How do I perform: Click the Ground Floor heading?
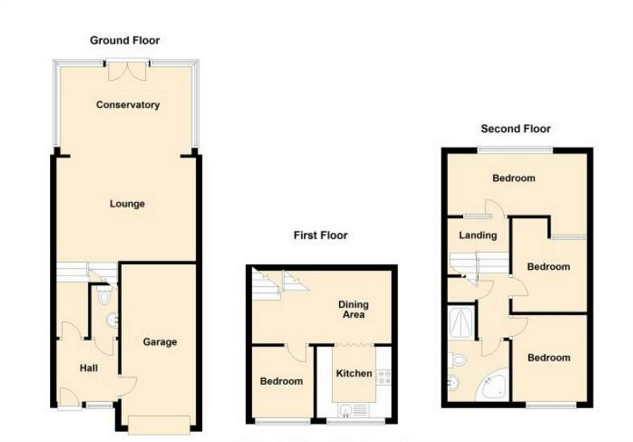pyautogui.click(x=125, y=40)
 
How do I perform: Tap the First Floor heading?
pyautogui.click(x=320, y=235)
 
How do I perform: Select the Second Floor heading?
pyautogui.click(x=515, y=129)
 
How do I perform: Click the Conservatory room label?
pyautogui.click(x=128, y=105)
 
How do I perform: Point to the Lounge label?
pyautogui.click(x=127, y=204)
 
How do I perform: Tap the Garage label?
pyautogui.click(x=160, y=342)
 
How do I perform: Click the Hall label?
pyautogui.click(x=89, y=368)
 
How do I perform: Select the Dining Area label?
pyautogui.click(x=354, y=310)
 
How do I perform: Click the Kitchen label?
pyautogui.click(x=354, y=373)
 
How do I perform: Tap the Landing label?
pyautogui.click(x=478, y=235)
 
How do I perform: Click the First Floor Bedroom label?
pyautogui.click(x=281, y=381)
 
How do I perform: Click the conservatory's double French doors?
pyautogui.click(x=128, y=70)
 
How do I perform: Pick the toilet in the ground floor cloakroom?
pyautogui.click(x=105, y=297)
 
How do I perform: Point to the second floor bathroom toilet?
pyautogui.click(x=458, y=360)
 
